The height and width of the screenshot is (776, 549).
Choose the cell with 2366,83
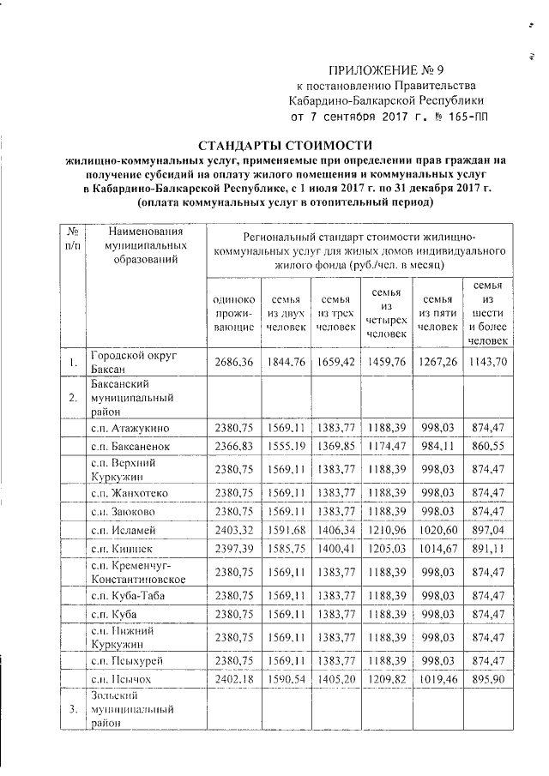click(232, 447)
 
